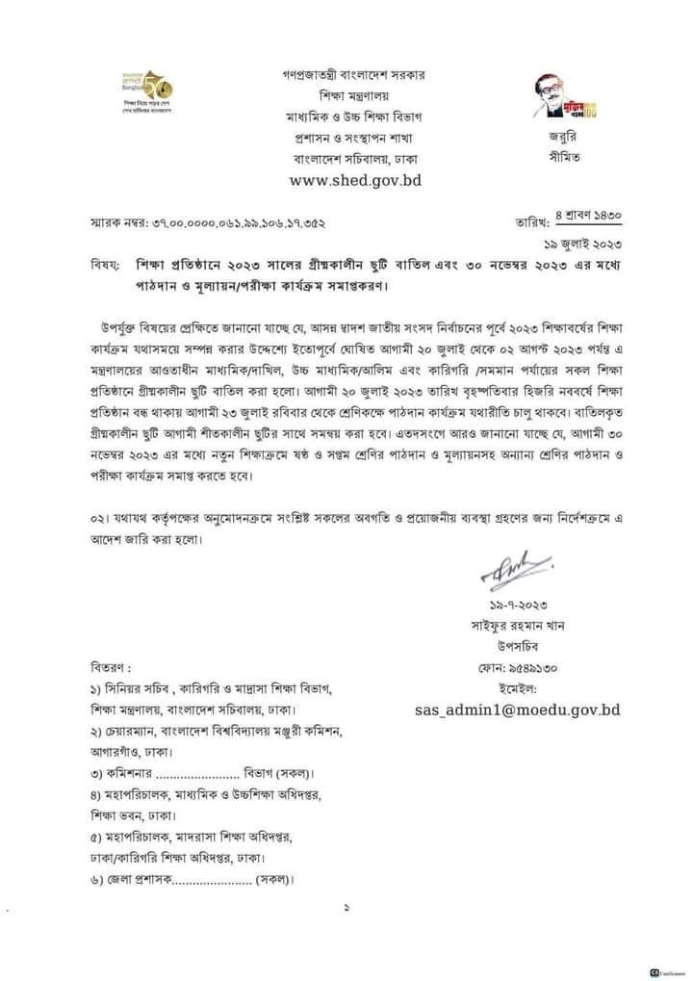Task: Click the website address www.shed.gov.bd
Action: tap(355, 179)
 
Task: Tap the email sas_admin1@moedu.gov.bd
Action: tap(515, 710)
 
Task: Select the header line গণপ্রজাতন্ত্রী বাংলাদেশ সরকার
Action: tap(354, 73)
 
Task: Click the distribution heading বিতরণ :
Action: tap(107, 667)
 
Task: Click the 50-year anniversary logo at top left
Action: tap(143, 90)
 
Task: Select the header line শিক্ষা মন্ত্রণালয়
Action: tap(354, 95)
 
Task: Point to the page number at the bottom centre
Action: tap(346, 908)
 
